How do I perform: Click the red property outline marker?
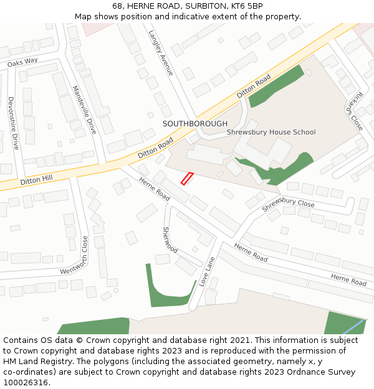tap(187, 178)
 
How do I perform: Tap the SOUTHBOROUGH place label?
tap(195, 124)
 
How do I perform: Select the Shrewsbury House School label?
tap(271, 132)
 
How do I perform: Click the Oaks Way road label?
tap(22, 62)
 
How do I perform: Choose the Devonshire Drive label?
tap(13, 123)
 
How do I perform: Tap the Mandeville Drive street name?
tap(85, 110)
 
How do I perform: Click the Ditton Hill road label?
tap(36, 181)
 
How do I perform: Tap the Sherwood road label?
tap(170, 240)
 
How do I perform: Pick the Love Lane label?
tap(207, 271)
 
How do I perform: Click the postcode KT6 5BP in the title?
tap(246, 6)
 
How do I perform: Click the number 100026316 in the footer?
tap(27, 383)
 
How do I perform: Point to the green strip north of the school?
tap(276, 84)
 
